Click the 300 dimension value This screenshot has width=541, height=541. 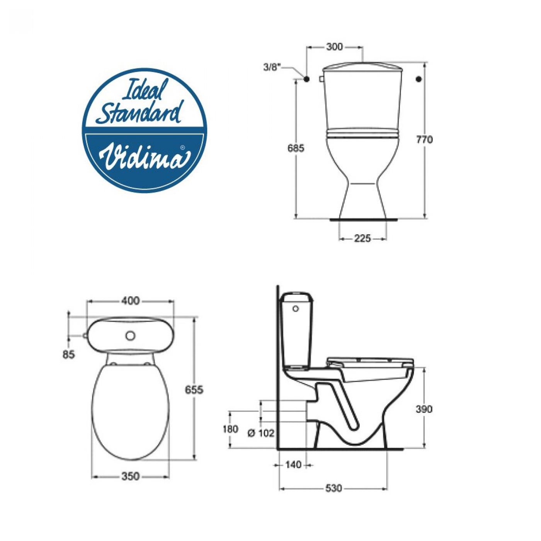[335, 47]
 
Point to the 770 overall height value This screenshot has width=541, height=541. [424, 140]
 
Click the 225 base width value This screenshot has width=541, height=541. [362, 239]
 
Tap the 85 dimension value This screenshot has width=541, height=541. [68, 355]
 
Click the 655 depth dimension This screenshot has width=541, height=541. [194, 390]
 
